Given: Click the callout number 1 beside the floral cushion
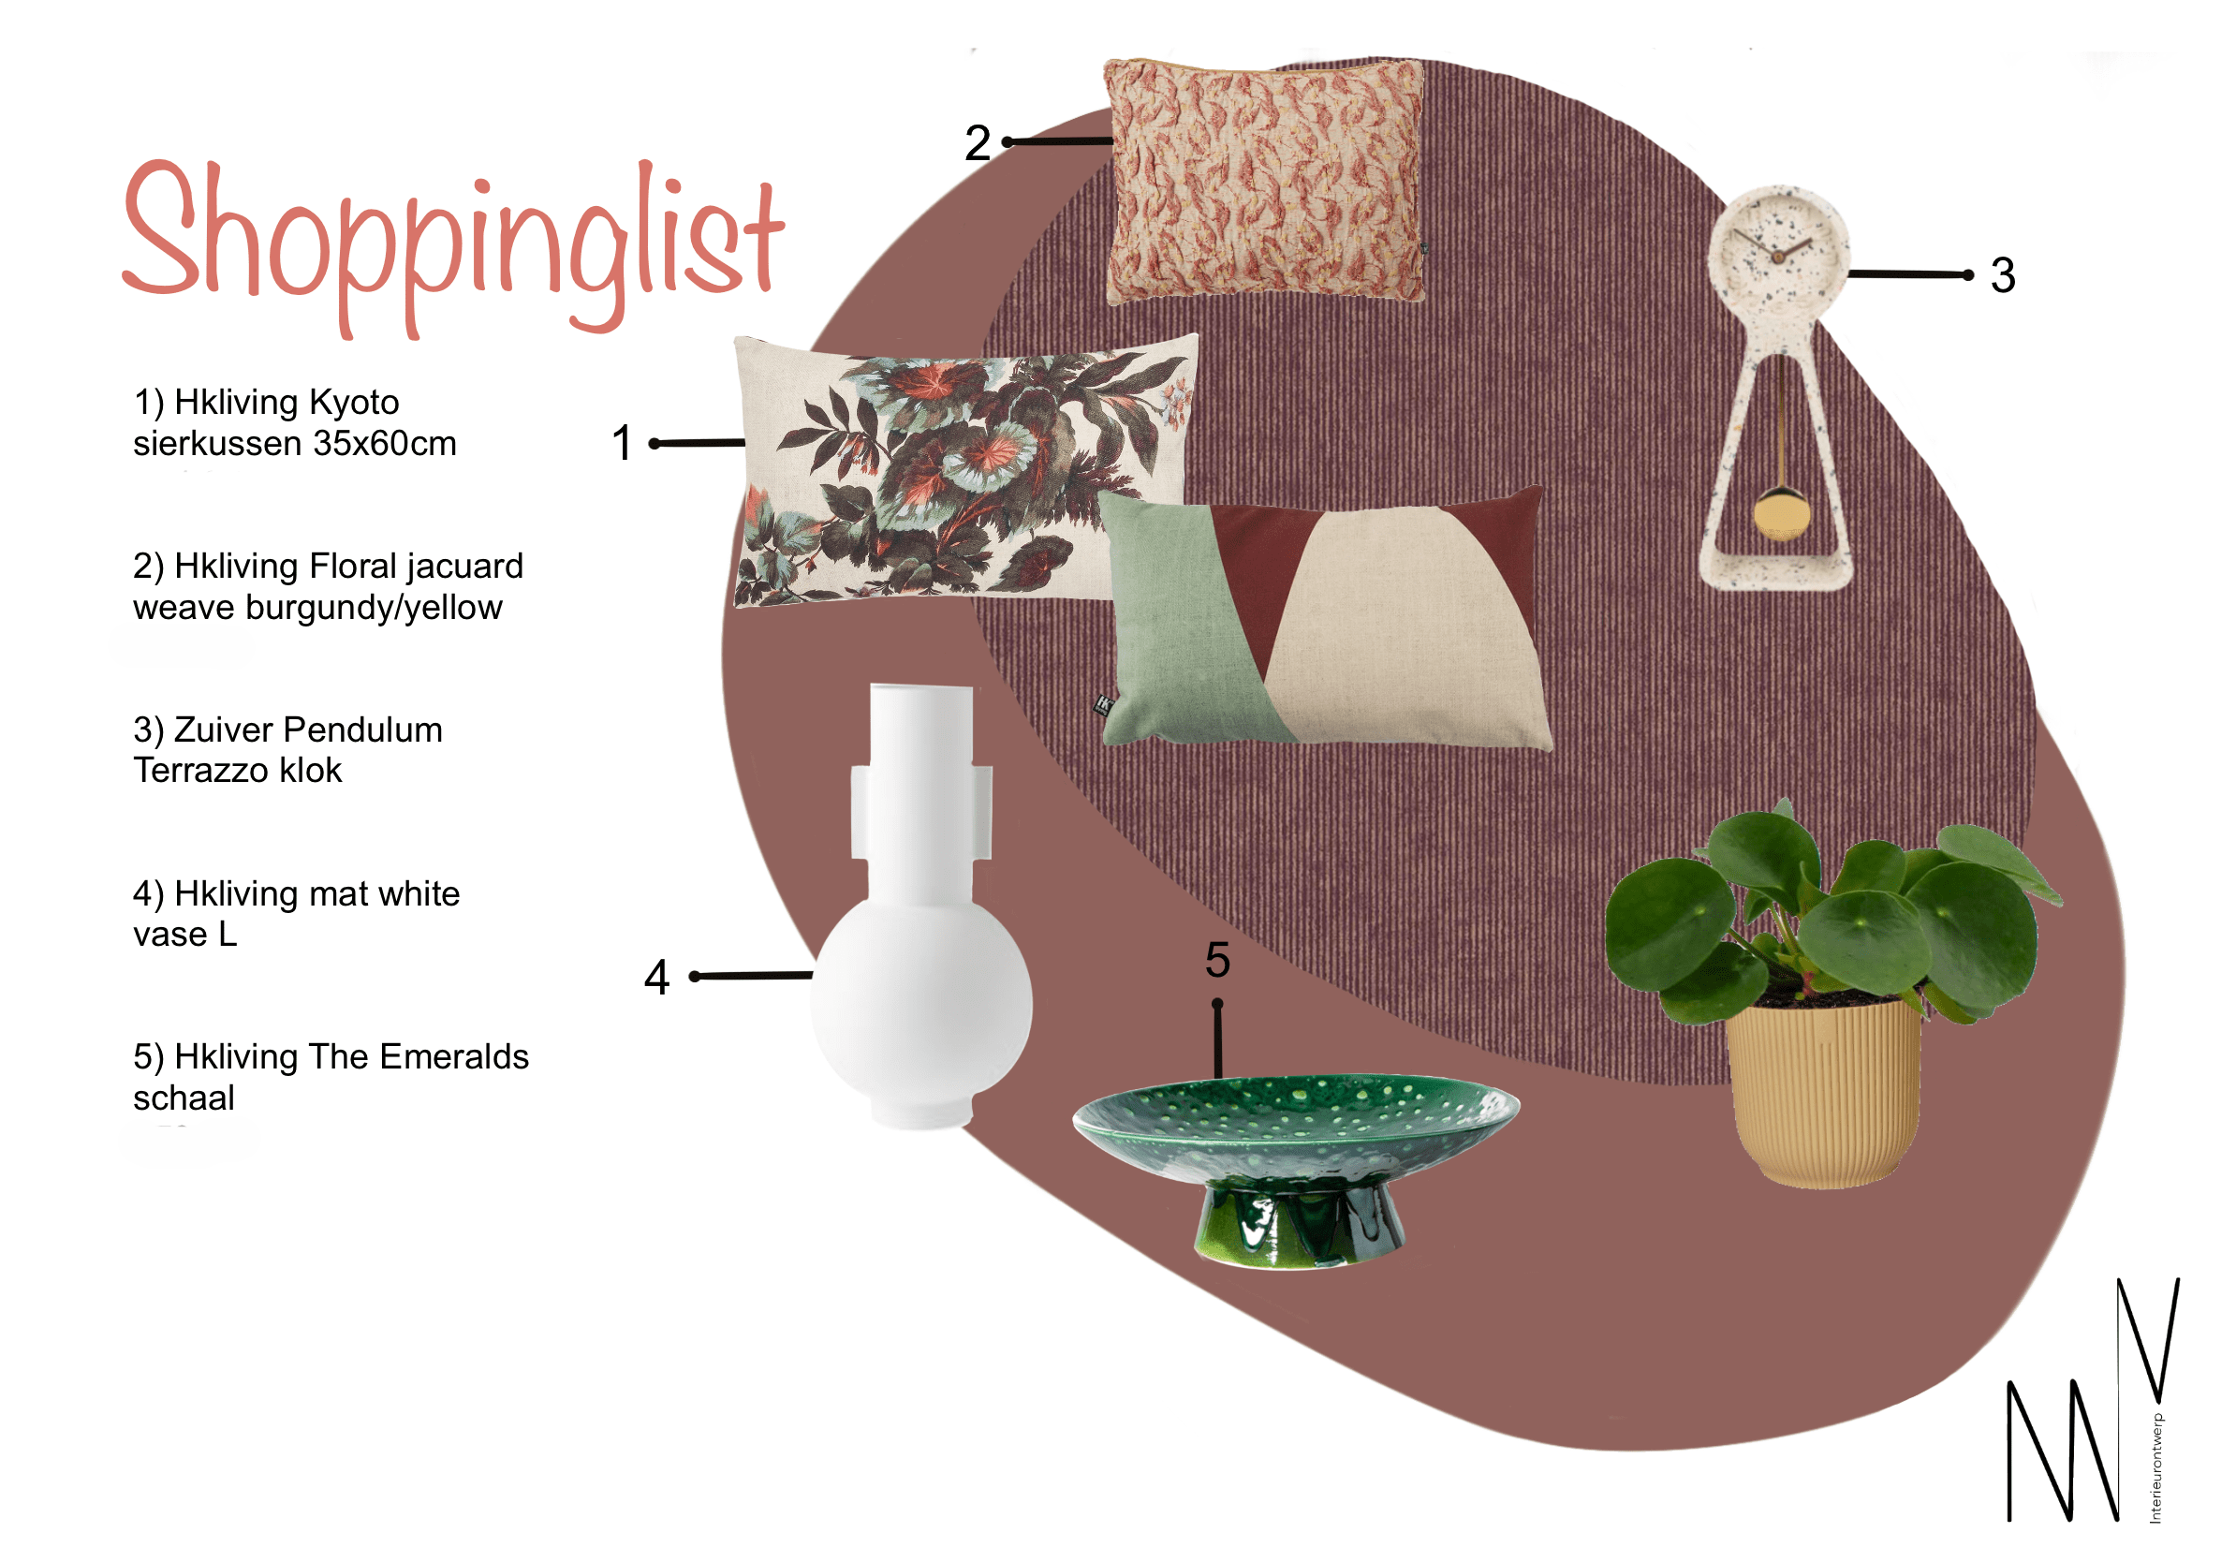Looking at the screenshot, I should (623, 443).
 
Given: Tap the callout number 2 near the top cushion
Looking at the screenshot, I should (977, 144).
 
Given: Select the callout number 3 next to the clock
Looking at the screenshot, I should (2002, 275).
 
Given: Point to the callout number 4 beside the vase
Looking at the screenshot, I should (657, 977).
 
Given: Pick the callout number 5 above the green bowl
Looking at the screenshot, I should (1217, 960).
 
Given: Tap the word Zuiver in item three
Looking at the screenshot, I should (224, 730).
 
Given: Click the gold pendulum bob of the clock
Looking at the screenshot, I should (1780, 515).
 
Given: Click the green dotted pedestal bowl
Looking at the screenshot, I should (1295, 1120).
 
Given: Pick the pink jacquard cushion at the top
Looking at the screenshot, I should (1263, 180).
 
